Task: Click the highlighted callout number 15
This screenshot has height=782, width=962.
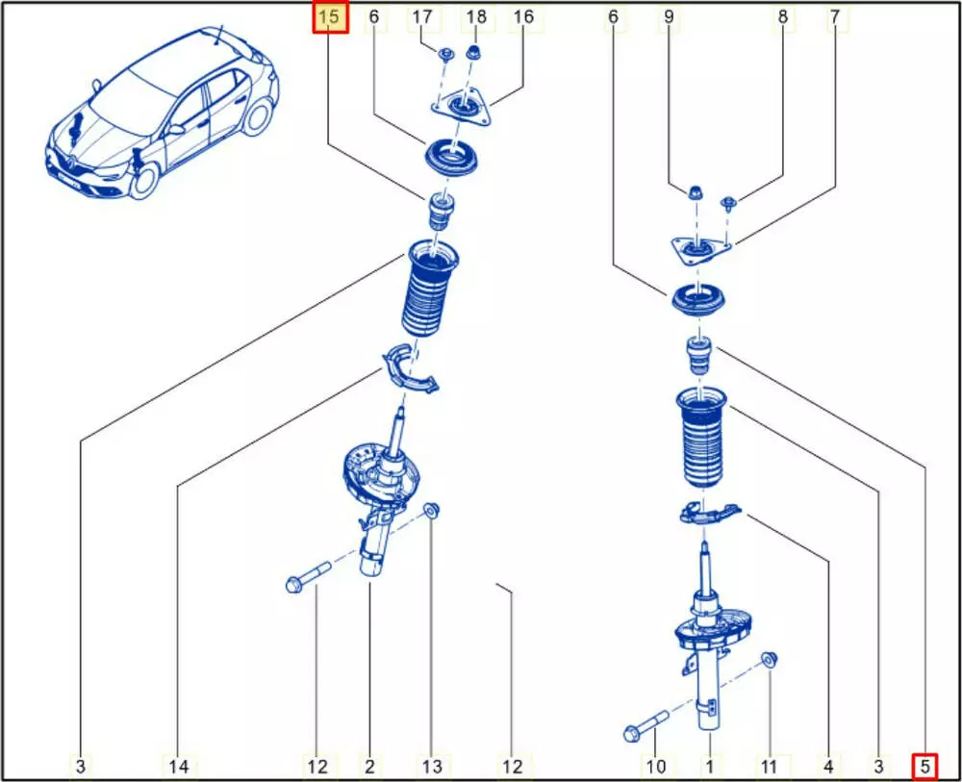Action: pyautogui.click(x=330, y=17)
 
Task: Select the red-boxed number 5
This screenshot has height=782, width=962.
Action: pyautogui.click(x=924, y=766)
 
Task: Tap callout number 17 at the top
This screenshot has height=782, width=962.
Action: pyautogui.click(x=422, y=17)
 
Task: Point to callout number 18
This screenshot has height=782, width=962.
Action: pyautogui.click(x=476, y=17)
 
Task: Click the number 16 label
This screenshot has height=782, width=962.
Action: pyautogui.click(x=523, y=17)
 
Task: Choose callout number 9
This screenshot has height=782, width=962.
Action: pyautogui.click(x=669, y=17)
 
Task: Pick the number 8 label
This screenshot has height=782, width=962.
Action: pyautogui.click(x=782, y=17)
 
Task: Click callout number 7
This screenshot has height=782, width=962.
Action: pyautogui.click(x=834, y=17)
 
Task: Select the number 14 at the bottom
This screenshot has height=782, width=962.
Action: pyautogui.click(x=179, y=766)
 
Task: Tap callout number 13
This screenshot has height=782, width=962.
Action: pyautogui.click(x=432, y=766)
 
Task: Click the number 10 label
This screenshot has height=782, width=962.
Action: pyautogui.click(x=656, y=766)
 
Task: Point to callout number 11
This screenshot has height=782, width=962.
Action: pyautogui.click(x=768, y=766)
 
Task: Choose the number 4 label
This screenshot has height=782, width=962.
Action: pyautogui.click(x=828, y=766)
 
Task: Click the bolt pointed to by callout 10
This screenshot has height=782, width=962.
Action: pyautogui.click(x=646, y=724)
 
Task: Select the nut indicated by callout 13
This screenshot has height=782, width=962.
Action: pyautogui.click(x=433, y=511)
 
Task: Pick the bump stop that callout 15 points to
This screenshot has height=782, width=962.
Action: pyautogui.click(x=441, y=211)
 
